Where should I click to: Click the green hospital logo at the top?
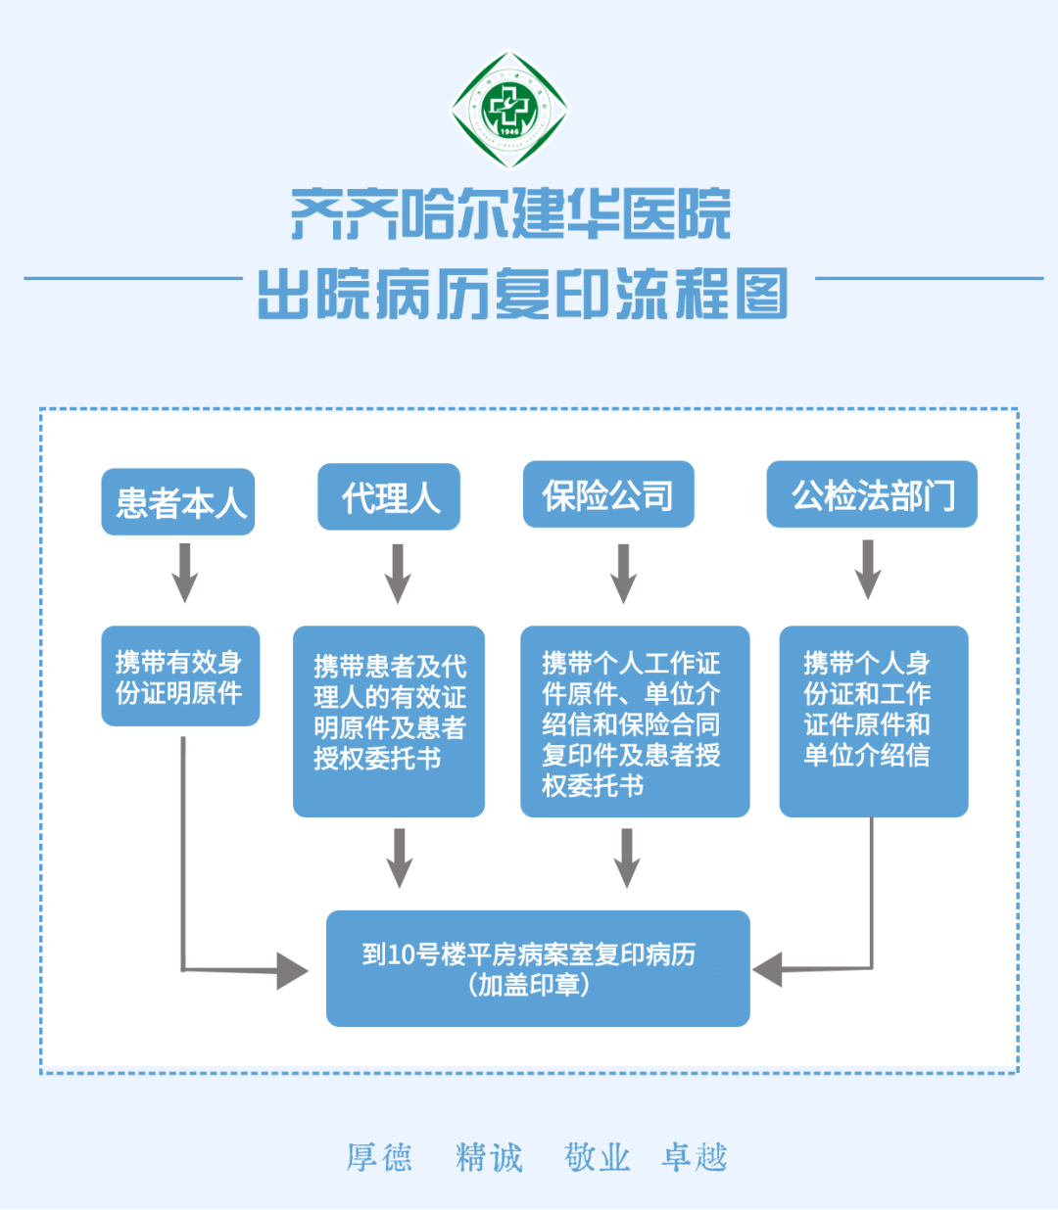[509, 109]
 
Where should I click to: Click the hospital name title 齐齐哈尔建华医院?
[510, 213]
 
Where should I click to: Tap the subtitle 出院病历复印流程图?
[522, 294]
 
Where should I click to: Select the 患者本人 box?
[178, 502]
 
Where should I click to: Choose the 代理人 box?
[389, 497]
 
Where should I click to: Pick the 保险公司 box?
[608, 495]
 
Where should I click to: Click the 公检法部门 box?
[872, 495]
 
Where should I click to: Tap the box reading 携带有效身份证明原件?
[180, 676]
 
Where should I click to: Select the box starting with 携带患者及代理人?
[389, 721]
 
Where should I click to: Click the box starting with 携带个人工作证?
[635, 721]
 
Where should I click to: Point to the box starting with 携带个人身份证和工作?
[873, 721]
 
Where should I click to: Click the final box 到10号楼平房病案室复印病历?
[538, 968]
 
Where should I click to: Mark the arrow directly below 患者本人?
[184, 574]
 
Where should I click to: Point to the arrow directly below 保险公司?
[624, 574]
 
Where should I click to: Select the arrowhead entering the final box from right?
[767, 969]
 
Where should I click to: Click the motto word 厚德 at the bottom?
[379, 1157]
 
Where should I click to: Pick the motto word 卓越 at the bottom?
[695, 1157]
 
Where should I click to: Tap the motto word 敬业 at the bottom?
[597, 1157]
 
